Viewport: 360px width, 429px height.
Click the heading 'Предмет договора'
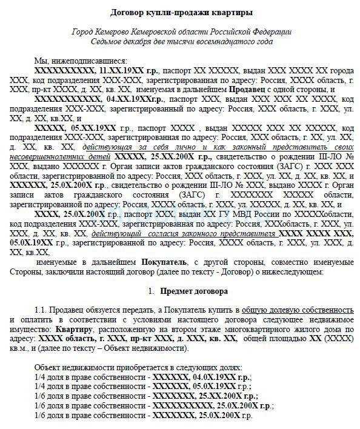[x=187, y=291]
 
